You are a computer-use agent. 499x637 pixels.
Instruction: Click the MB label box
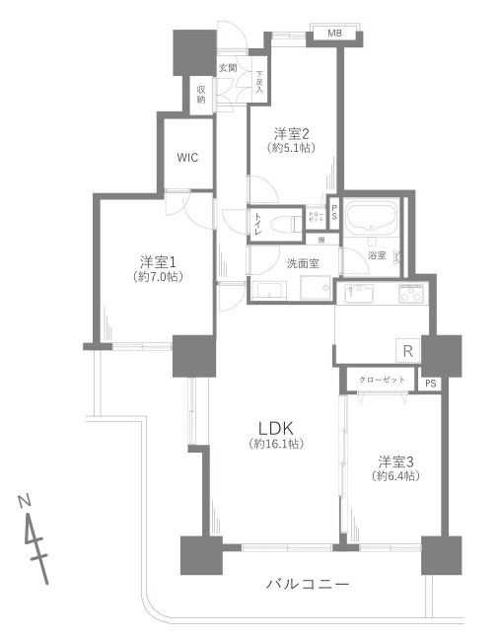click(x=334, y=35)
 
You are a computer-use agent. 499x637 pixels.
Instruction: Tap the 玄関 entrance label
click(x=227, y=67)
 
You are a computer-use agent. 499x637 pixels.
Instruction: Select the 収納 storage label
click(x=201, y=95)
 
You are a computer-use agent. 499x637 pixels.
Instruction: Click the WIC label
click(x=188, y=158)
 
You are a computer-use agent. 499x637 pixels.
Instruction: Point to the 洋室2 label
click(x=292, y=133)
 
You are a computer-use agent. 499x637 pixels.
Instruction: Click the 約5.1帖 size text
click(x=292, y=148)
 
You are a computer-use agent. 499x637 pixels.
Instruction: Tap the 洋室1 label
click(x=158, y=261)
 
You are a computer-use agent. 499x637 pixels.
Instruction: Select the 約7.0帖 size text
click(x=158, y=277)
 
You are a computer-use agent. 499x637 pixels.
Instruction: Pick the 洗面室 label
click(x=302, y=264)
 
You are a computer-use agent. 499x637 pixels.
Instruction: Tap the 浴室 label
click(x=377, y=255)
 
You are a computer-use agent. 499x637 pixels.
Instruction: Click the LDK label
click(x=276, y=427)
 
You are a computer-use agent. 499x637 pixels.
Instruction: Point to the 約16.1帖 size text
click(x=276, y=445)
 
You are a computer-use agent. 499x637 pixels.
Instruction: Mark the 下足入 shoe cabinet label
click(x=259, y=79)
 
